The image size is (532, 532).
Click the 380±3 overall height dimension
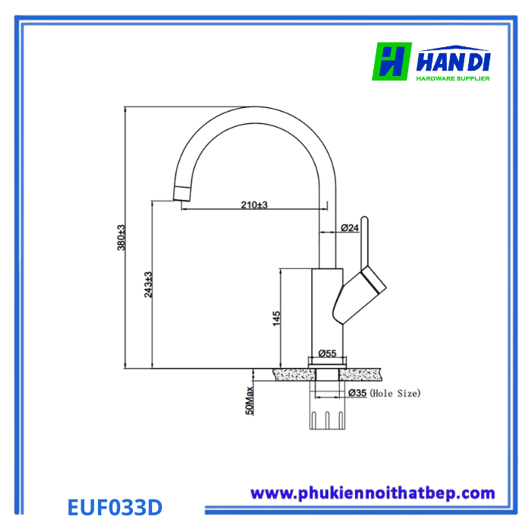[121, 238]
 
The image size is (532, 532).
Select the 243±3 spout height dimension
[149, 284]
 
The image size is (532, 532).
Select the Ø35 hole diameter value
[357, 394]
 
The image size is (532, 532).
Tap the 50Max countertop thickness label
[249, 399]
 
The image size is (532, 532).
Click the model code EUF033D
[115, 507]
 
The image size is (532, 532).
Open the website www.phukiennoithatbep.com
[372, 493]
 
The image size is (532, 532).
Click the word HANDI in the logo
[453, 59]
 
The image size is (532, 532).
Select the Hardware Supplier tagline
[453, 78]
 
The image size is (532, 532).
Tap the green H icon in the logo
[391, 62]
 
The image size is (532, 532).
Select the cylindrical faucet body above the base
[328, 312]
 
